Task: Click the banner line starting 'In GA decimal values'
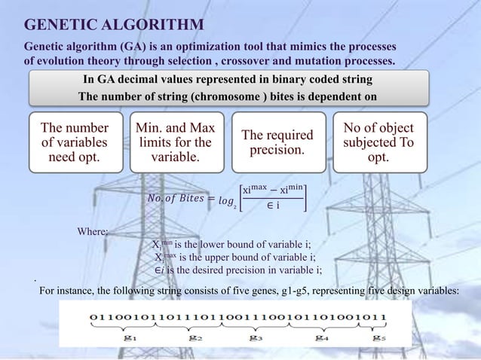tap(227, 79)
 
